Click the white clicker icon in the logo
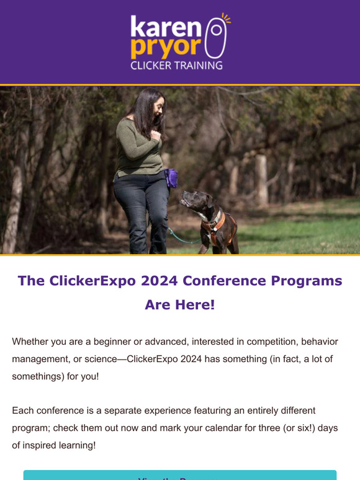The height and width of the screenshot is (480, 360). [x=215, y=38]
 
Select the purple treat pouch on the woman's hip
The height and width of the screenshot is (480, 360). [x=171, y=178]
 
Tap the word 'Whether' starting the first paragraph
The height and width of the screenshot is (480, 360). [x=30, y=342]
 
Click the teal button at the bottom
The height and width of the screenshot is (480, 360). [x=180, y=475]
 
